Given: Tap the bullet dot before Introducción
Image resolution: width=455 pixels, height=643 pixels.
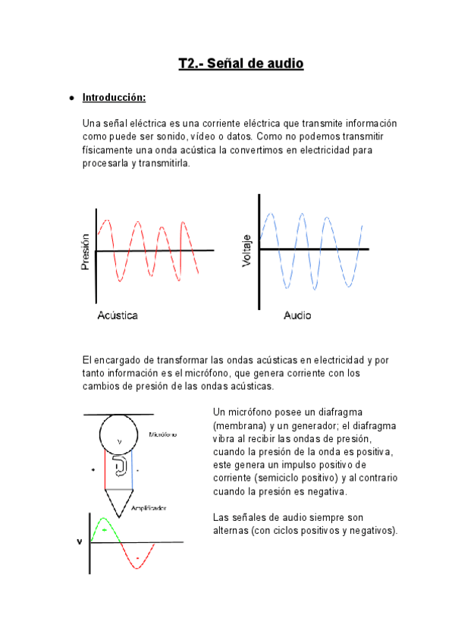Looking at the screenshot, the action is tap(70, 99).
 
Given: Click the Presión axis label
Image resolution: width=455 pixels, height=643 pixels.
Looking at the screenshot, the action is tap(86, 251).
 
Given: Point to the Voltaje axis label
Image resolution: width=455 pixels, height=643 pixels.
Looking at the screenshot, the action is tap(246, 250).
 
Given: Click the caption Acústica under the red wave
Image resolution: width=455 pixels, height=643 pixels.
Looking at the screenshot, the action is tap(118, 315).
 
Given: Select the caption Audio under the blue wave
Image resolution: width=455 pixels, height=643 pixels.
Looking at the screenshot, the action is tap(297, 315).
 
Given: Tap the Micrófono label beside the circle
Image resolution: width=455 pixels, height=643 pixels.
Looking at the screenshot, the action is tap(163, 434).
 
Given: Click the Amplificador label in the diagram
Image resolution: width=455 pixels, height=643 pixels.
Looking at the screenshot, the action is tap(149, 507).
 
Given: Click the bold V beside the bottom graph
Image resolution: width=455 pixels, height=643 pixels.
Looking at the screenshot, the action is tap(79, 542).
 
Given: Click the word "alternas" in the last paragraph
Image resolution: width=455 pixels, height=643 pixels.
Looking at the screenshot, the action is tap(231, 531).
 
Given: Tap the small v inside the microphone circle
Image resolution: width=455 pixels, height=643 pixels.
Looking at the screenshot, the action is tap(119, 441).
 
